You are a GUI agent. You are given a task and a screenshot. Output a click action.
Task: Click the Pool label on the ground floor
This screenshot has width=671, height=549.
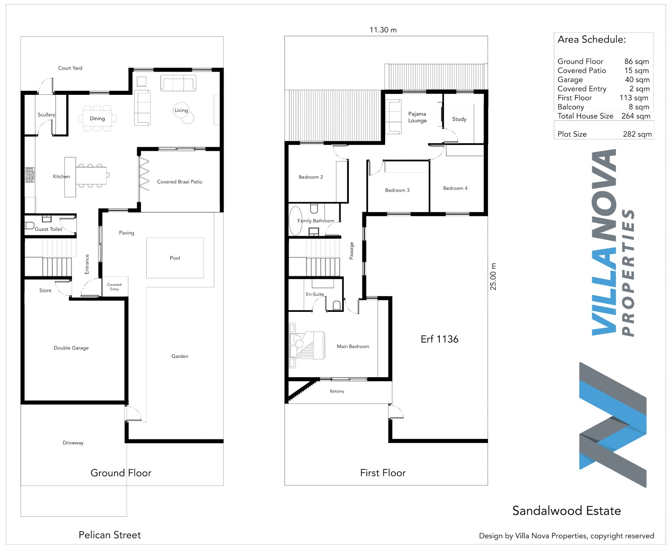[174, 258]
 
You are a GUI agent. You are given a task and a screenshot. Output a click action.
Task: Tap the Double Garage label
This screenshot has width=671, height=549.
[71, 348]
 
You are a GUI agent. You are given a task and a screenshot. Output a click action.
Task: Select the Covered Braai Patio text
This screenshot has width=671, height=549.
[179, 182]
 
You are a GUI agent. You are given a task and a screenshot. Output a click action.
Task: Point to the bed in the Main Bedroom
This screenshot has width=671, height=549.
[307, 345]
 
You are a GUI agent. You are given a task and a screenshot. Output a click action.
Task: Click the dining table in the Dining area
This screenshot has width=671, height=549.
[97, 119]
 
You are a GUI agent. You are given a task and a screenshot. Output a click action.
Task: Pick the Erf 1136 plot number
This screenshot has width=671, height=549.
[439, 339]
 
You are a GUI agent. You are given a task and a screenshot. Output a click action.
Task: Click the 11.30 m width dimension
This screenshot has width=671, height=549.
[383, 30]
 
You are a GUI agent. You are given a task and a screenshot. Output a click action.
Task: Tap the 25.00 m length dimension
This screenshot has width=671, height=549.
[493, 276]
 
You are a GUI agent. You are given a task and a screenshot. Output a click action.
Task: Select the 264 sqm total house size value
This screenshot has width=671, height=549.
[636, 116]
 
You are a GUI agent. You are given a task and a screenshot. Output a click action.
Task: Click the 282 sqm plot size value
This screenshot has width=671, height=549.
[637, 134]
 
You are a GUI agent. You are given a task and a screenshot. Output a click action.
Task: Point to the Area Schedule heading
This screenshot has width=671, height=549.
[591, 39]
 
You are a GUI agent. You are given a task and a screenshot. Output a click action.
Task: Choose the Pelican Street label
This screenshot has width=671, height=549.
[110, 535]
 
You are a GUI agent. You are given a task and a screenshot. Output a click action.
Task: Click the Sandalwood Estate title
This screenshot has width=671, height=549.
[566, 511]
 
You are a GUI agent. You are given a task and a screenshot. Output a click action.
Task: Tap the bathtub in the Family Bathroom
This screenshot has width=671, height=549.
[296, 221]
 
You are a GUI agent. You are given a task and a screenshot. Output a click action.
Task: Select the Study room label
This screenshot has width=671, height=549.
[459, 119]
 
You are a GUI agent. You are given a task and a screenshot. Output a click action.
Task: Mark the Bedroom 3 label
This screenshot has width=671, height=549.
[397, 190]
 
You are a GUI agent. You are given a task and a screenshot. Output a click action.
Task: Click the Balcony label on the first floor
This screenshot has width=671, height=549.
[337, 391]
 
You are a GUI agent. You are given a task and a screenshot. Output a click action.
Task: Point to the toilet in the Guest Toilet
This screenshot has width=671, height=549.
[30, 226]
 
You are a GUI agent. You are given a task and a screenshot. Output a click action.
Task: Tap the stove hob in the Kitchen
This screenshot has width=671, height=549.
[30, 175]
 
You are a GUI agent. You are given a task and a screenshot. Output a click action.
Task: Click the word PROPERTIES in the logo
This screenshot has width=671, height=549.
[628, 272]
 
